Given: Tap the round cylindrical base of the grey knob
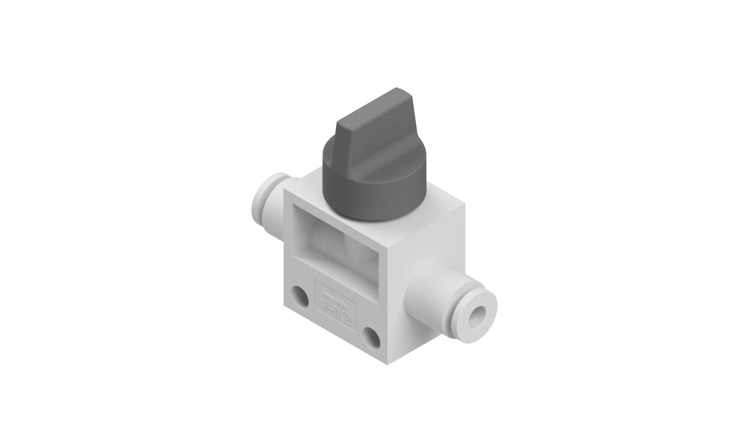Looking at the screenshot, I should (x=371, y=195).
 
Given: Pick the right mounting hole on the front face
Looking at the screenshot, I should (x=371, y=337).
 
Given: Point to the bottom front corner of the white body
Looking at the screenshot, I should (x=388, y=362).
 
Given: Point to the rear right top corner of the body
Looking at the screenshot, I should (x=464, y=203).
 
